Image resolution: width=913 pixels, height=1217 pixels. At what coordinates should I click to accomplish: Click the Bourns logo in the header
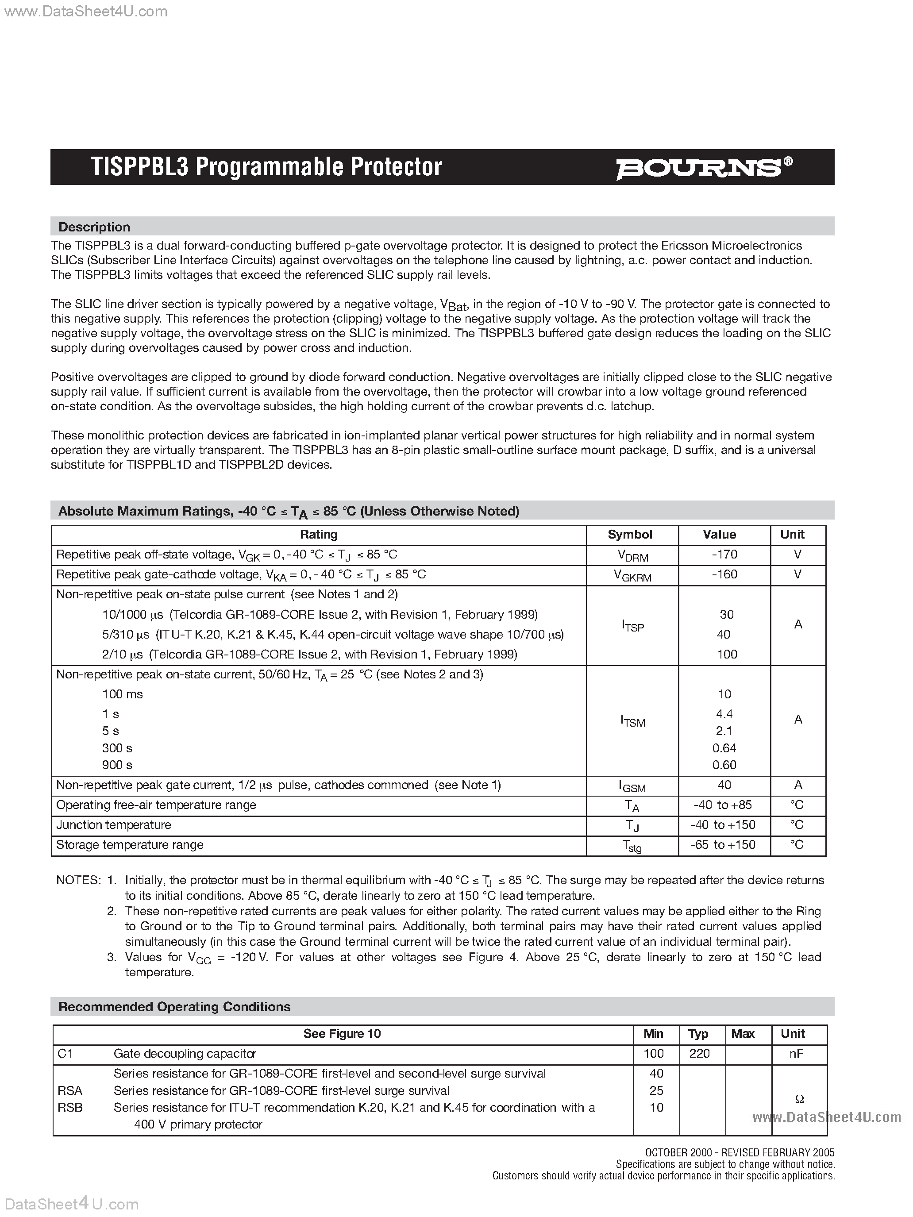coord(704,168)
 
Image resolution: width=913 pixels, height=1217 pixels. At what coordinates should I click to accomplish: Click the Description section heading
coord(94,227)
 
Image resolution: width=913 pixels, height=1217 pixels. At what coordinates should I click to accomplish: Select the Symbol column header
coord(630,534)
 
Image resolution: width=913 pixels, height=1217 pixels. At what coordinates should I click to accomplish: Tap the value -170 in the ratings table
coord(724,555)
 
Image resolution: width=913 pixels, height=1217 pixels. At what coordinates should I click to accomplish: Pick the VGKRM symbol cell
coord(632,575)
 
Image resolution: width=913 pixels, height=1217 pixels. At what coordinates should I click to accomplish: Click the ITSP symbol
coord(632,625)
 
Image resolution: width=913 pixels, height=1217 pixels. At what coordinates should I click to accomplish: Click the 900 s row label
coord(117,765)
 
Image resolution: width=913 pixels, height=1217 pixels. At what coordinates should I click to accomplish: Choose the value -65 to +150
coord(723,844)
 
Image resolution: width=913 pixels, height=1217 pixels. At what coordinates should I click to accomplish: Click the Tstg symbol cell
coord(632,846)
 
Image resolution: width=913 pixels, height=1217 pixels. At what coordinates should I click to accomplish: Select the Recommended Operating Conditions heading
coord(174,1006)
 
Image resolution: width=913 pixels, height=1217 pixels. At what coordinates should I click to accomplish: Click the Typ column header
coord(698,1033)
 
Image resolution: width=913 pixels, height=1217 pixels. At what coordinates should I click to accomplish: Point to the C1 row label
coord(65,1053)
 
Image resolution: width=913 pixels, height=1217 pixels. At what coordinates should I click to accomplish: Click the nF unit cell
coord(796,1053)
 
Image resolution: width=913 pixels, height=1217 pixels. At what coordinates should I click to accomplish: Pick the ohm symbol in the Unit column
coord(799,1099)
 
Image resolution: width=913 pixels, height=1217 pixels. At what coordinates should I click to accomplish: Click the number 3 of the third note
coord(112,957)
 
